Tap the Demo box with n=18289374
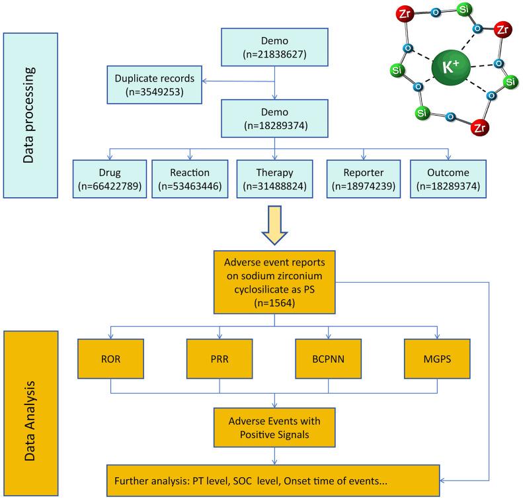274,117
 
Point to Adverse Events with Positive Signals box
274,428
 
